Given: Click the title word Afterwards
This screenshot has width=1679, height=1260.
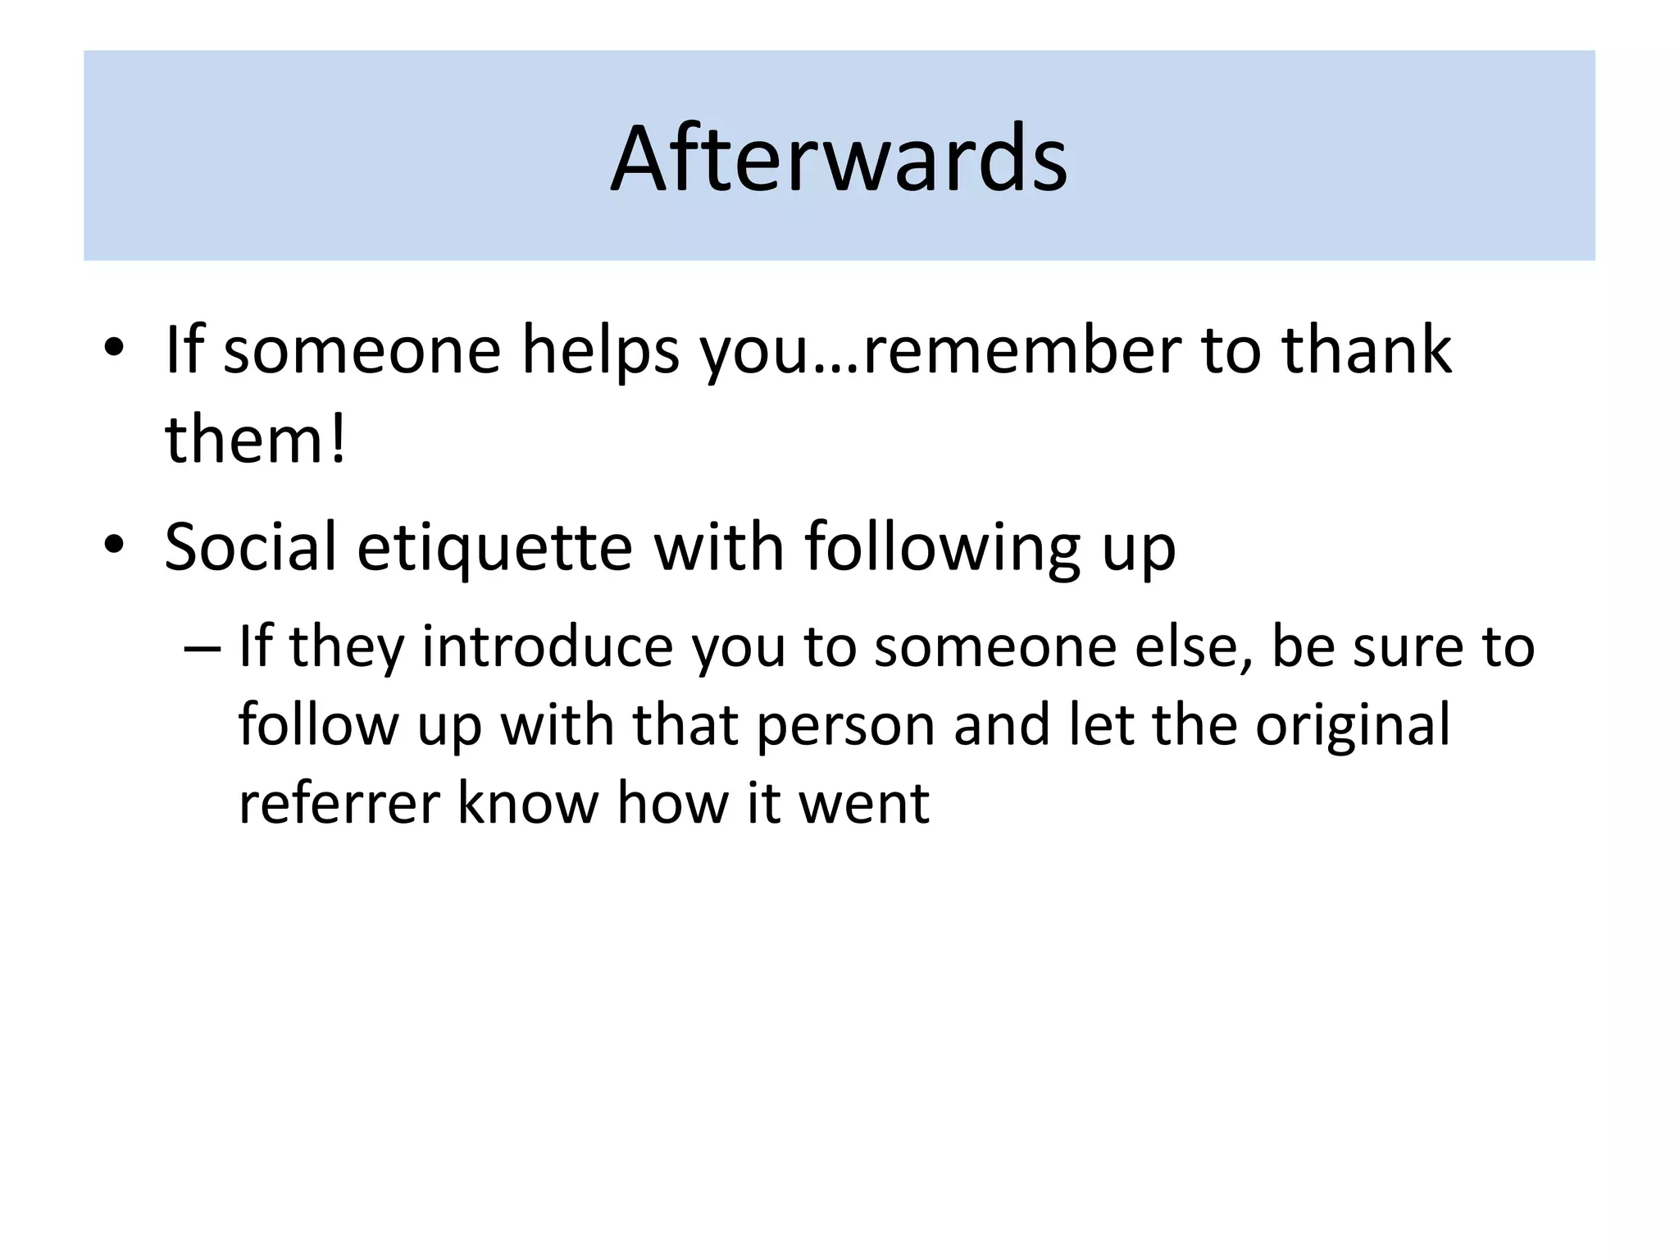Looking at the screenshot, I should [x=839, y=157].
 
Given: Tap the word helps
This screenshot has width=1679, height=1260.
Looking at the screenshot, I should [x=601, y=350].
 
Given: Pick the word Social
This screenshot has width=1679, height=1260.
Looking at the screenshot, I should [x=250, y=547].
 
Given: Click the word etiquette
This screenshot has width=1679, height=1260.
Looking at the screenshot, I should [x=494, y=547].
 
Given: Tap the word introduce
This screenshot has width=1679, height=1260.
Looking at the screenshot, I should [x=547, y=646].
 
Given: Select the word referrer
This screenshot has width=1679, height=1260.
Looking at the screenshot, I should [x=337, y=803].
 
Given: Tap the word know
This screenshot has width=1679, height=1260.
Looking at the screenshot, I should [x=527, y=803].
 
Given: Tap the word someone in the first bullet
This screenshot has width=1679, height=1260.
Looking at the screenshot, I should [x=362, y=350].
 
